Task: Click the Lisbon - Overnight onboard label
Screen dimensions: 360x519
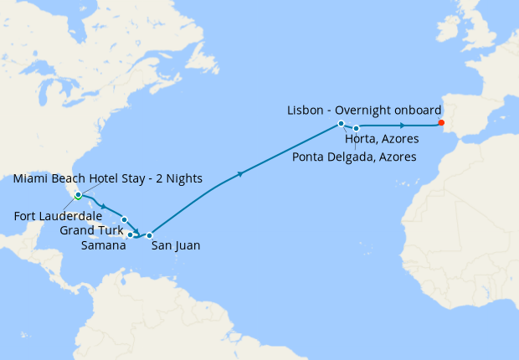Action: coord(362,110)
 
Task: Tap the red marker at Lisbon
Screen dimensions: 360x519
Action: coord(441,123)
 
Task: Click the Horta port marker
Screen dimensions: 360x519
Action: coord(342,124)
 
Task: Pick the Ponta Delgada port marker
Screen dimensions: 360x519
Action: coord(357,128)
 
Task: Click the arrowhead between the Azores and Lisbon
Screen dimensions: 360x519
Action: coord(403,126)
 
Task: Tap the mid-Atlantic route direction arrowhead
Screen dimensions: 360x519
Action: coord(241,174)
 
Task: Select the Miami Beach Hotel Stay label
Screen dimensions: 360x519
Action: coord(93,178)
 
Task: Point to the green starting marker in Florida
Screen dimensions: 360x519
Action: coord(77,197)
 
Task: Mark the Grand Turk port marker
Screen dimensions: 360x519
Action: coord(124,219)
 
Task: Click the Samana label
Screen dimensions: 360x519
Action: coord(104,245)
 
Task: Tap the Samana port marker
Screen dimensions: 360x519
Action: coord(131,234)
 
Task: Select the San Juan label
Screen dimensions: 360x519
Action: coord(175,246)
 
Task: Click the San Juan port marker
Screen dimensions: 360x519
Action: coord(150,235)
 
